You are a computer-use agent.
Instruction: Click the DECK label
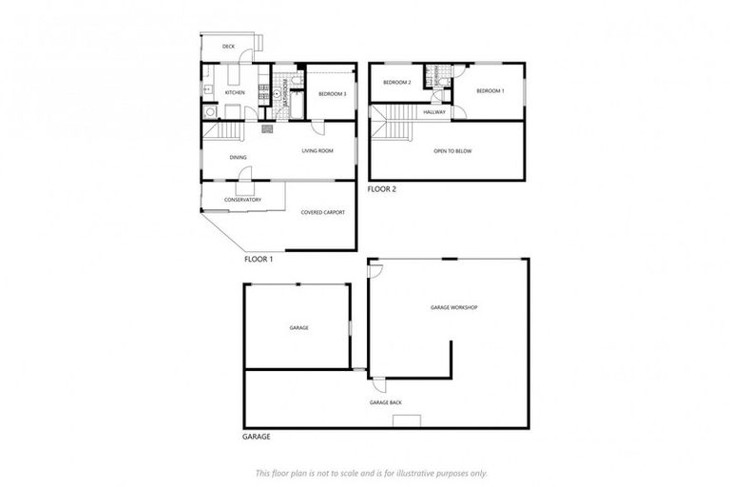click(x=228, y=46)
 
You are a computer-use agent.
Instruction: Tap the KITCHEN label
click(x=235, y=92)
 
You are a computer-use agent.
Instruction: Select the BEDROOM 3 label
click(x=332, y=93)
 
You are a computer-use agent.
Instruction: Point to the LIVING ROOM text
click(x=317, y=150)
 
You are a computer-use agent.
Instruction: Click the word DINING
click(x=238, y=158)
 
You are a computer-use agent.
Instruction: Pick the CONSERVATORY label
click(x=242, y=200)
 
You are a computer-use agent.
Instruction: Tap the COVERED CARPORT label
click(x=322, y=212)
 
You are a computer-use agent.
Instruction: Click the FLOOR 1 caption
click(x=259, y=259)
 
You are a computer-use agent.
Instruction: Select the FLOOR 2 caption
click(x=382, y=189)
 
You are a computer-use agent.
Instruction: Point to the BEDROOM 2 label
click(x=396, y=83)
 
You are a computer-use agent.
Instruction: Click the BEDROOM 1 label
click(x=490, y=90)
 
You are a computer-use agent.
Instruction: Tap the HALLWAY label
click(x=435, y=112)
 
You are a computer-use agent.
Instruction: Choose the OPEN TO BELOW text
click(x=452, y=151)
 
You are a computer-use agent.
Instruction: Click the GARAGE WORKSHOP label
click(x=452, y=307)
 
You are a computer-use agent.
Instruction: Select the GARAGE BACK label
click(x=385, y=402)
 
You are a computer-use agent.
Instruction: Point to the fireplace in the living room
click(x=267, y=128)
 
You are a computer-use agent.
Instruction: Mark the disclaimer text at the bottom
click(x=371, y=473)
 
